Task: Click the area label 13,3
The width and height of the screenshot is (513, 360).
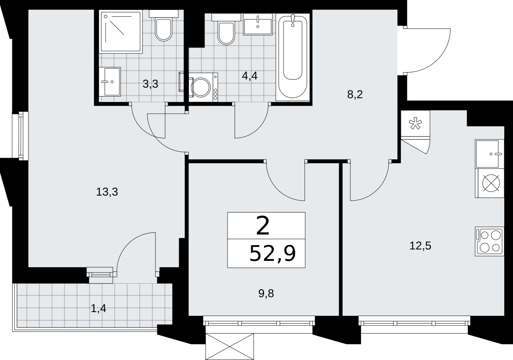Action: tap(107, 192)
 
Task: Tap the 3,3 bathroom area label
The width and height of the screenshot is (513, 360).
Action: tap(150, 84)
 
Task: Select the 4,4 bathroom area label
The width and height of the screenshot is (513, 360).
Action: tap(250, 76)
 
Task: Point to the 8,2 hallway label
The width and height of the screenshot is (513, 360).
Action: tap(355, 94)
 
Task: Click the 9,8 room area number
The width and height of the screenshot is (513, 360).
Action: tap(266, 293)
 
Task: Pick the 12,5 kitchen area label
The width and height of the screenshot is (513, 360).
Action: tap(420, 246)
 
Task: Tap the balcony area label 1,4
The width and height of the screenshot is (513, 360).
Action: tap(98, 308)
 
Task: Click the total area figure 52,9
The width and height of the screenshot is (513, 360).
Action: tap(272, 253)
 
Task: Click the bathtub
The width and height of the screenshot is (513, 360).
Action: tap(293, 57)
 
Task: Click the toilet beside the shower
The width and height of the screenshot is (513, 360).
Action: tap(163, 25)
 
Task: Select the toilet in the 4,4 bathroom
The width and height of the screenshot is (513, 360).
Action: tap(226, 29)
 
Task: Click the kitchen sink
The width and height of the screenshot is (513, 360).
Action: tap(490, 154)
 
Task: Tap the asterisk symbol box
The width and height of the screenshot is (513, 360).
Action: tap(415, 124)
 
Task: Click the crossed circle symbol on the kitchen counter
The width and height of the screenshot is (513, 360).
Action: tap(491, 183)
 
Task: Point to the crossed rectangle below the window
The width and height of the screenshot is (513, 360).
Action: tap(230, 346)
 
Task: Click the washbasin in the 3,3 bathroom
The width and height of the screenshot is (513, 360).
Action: tap(110, 82)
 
